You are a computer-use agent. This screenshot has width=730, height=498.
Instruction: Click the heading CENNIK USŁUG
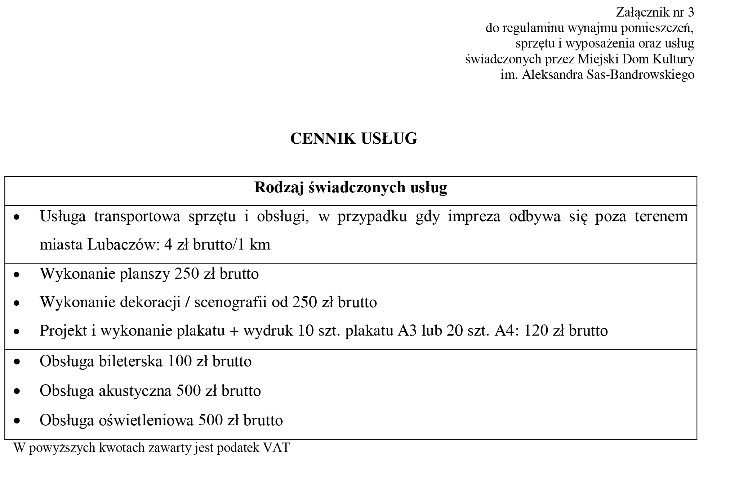tap(353, 139)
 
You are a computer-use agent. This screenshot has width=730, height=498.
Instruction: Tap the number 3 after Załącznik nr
tap(690, 13)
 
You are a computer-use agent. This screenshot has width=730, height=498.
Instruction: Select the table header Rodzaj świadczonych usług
tap(350, 188)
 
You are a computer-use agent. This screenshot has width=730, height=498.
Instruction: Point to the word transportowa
tap(137, 217)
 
